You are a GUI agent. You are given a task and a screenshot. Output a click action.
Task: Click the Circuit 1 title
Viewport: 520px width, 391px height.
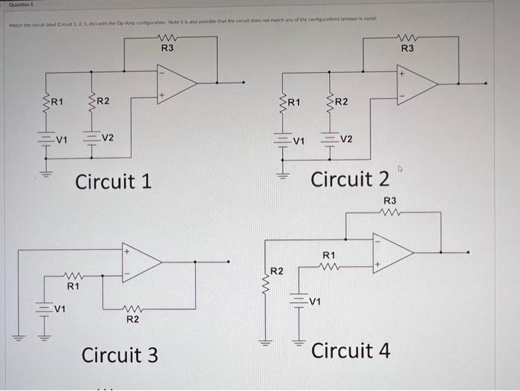[114, 181]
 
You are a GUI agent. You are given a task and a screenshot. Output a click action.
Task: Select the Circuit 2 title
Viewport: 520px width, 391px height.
[350, 179]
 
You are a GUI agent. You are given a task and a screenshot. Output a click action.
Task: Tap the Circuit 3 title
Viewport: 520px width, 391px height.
[120, 355]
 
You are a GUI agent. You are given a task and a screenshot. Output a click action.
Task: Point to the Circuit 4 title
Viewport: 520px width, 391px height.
[351, 350]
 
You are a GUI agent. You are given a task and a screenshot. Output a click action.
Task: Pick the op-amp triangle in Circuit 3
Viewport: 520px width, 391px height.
[142, 261]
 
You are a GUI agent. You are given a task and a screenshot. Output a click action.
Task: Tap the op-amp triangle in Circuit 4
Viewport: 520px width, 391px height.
[393, 253]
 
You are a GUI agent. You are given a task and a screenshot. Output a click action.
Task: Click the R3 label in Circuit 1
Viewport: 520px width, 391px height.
[168, 48]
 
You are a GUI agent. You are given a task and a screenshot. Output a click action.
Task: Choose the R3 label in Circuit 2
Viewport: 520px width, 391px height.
[408, 48]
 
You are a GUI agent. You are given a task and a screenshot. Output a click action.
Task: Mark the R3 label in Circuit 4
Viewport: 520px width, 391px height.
[390, 201]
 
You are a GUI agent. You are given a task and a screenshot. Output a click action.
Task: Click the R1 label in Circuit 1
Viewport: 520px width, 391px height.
[57, 101]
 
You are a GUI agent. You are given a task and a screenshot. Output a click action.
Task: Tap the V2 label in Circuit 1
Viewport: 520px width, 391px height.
[108, 138]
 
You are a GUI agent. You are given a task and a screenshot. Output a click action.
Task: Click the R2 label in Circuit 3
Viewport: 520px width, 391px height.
[132, 320]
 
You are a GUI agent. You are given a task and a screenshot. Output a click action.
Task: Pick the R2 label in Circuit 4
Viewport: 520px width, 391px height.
[276, 271]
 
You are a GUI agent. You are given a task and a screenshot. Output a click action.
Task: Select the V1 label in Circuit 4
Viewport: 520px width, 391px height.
[316, 302]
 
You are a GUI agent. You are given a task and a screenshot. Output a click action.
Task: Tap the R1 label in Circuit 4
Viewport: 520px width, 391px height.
[329, 255]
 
